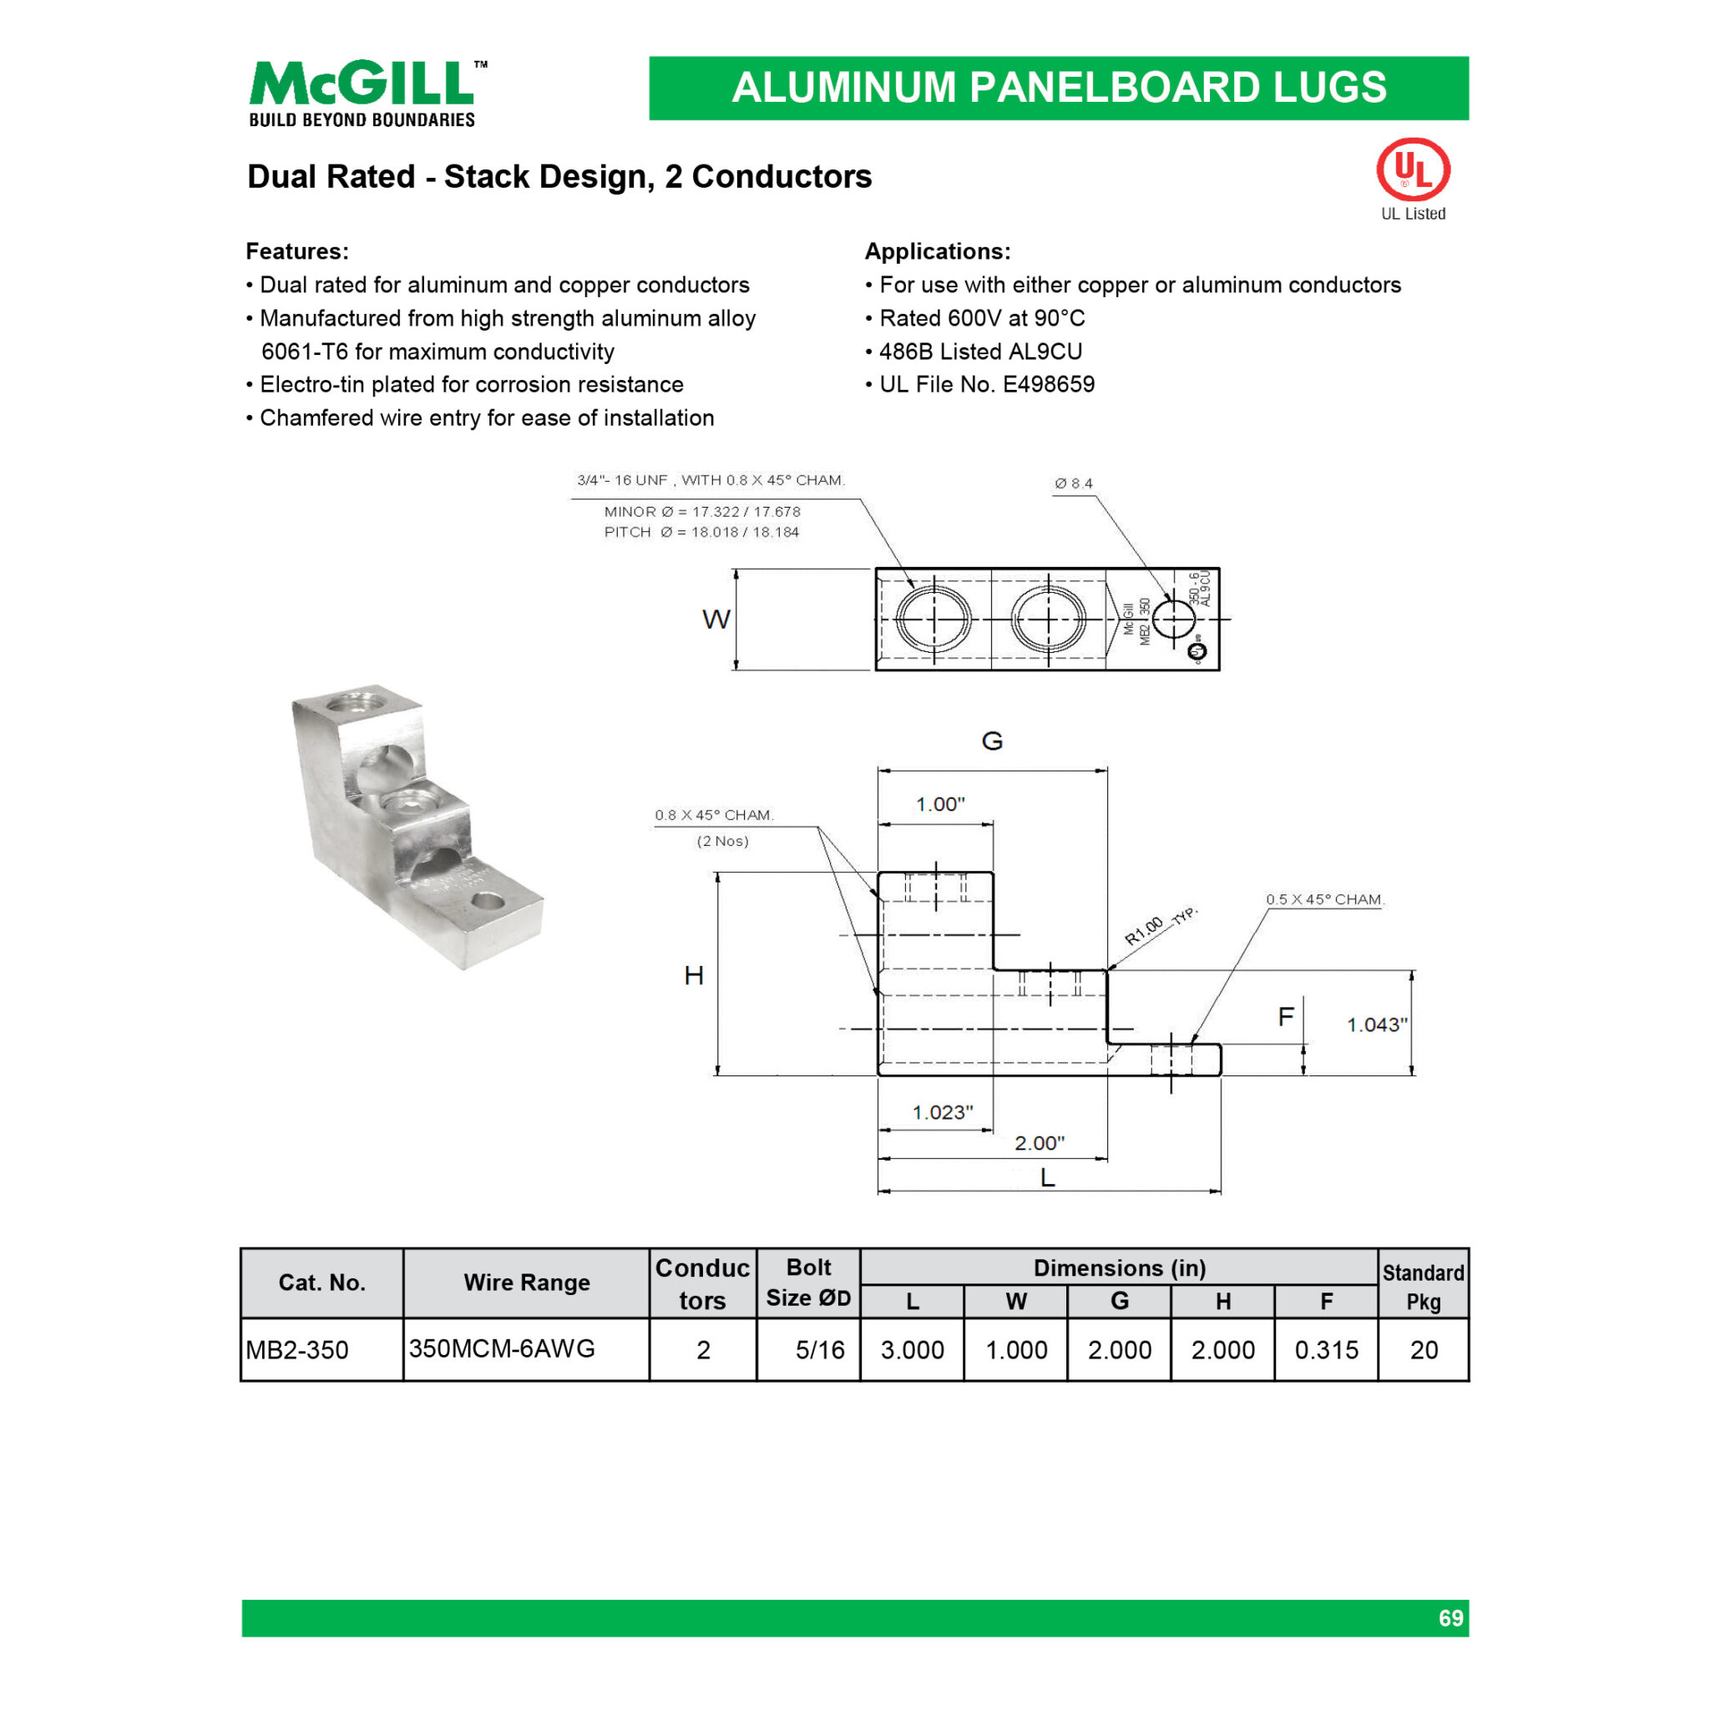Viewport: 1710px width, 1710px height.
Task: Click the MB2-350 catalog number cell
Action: click(x=297, y=1350)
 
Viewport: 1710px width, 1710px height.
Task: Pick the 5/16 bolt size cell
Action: click(x=819, y=1350)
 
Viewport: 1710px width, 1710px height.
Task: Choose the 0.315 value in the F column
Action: click(x=1326, y=1350)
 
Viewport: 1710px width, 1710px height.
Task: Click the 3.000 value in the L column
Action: click(x=912, y=1350)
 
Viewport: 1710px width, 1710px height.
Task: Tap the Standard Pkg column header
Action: click(x=1424, y=1286)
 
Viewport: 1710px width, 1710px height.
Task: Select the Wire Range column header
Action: click(x=527, y=1282)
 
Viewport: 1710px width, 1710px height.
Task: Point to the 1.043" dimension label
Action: click(x=1376, y=1025)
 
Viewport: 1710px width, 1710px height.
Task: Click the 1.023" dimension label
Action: click(x=943, y=1111)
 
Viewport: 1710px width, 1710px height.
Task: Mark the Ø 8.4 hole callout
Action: click(x=1074, y=483)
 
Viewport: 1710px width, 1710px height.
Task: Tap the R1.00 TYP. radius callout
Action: click(x=1160, y=926)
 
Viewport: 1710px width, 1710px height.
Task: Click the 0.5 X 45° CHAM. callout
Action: click(x=1324, y=899)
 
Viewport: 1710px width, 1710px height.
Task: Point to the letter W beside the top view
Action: click(x=716, y=619)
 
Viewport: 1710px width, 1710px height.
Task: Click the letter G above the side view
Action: click(x=992, y=741)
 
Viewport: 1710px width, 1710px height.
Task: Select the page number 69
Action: click(x=1450, y=1618)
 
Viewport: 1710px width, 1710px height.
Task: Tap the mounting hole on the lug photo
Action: click(x=487, y=902)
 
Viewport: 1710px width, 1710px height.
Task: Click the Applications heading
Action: click(x=938, y=251)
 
